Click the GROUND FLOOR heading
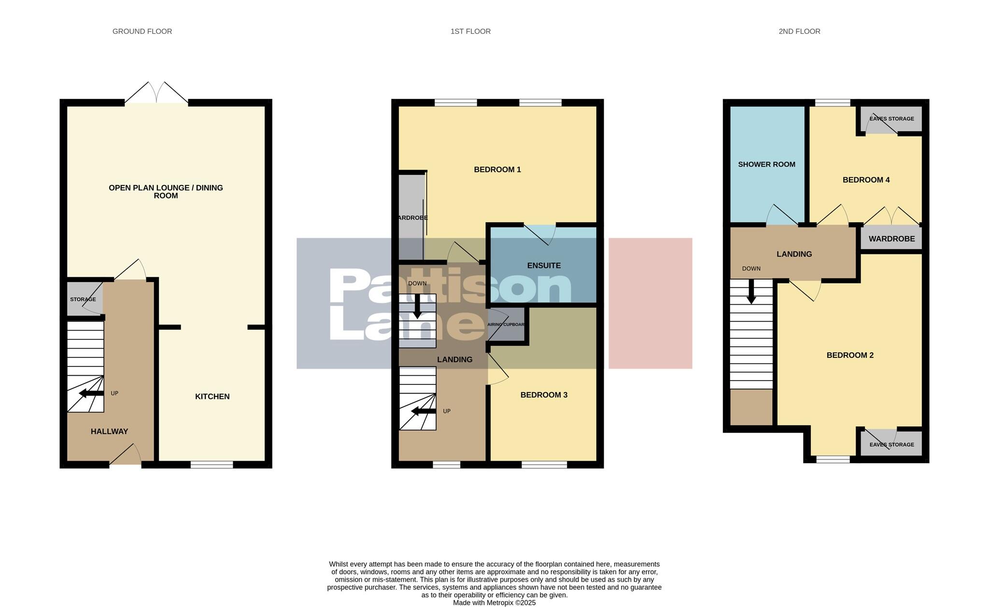[x=142, y=31]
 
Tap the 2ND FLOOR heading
[x=799, y=31]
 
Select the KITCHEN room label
[x=212, y=396]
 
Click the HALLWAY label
[x=109, y=431]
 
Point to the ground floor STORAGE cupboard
[x=83, y=299]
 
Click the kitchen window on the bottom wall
[x=212, y=465]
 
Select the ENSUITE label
[x=544, y=266]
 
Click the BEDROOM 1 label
[x=497, y=169]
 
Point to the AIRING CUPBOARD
[x=506, y=325]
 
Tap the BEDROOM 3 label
[x=544, y=395]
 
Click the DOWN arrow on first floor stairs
[x=417, y=306]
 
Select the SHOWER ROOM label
[x=766, y=164]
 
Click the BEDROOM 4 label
[x=866, y=180]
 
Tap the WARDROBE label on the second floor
[x=891, y=239]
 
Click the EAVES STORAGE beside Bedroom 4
[x=891, y=119]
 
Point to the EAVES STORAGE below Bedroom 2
[x=891, y=444]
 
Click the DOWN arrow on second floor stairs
[x=751, y=293]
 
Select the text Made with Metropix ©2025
[x=494, y=603]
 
